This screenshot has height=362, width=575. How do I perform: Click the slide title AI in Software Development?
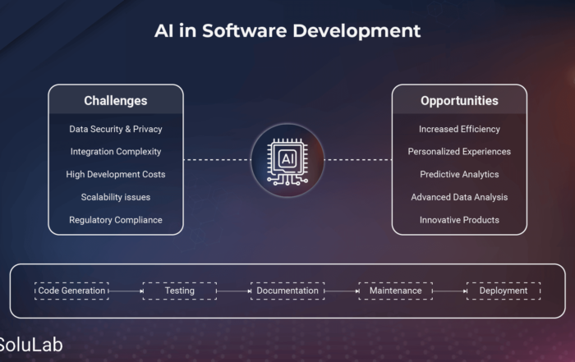click(x=287, y=30)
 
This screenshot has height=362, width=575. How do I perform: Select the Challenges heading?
click(x=116, y=101)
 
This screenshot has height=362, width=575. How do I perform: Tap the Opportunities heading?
click(x=459, y=101)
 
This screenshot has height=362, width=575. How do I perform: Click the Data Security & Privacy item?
click(x=116, y=129)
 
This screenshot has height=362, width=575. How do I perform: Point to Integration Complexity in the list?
click(x=116, y=152)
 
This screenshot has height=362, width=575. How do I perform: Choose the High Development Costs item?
click(x=116, y=174)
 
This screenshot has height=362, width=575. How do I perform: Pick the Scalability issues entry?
click(x=116, y=197)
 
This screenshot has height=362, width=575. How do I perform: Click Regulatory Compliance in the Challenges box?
click(x=116, y=220)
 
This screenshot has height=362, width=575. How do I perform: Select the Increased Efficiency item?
click(x=459, y=129)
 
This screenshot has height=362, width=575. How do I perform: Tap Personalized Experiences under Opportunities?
click(x=459, y=152)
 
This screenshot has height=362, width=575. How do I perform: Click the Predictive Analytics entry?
click(x=459, y=174)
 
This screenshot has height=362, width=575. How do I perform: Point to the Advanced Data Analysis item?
click(x=459, y=197)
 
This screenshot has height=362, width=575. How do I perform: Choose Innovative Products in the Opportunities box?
click(x=459, y=220)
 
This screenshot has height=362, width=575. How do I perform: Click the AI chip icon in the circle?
click(x=287, y=161)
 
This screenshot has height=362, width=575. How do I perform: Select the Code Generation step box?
click(x=72, y=291)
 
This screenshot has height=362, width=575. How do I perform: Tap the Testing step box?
click(x=180, y=291)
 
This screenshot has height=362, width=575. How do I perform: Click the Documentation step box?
click(x=287, y=291)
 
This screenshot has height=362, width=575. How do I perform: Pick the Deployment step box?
click(x=504, y=291)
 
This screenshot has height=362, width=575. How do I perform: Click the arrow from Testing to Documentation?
click(x=233, y=291)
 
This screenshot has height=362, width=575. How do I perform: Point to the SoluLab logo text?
click(x=31, y=345)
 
